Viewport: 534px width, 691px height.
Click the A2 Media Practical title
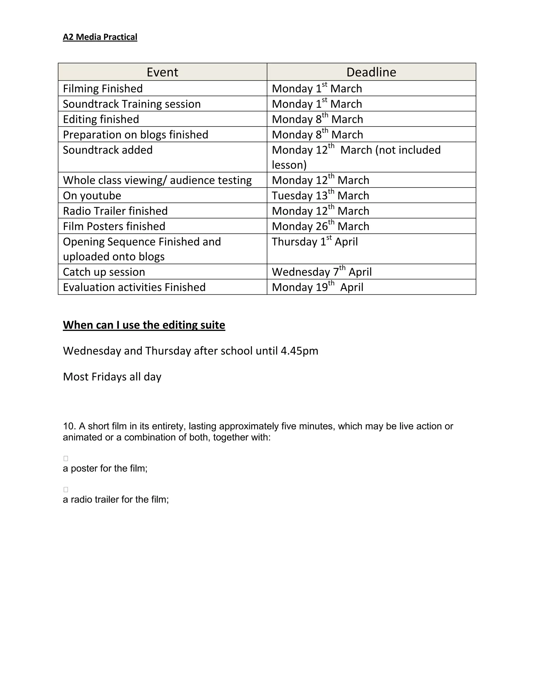[100, 37]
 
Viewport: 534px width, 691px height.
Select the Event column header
[162, 72]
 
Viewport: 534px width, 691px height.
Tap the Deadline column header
[371, 72]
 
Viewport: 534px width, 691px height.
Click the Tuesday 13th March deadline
[320, 196]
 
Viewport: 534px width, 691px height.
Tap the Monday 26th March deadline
[320, 226]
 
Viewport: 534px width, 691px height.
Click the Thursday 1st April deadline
[314, 242]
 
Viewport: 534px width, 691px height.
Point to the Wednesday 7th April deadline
[321, 272]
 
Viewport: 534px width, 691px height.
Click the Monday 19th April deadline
[317, 287]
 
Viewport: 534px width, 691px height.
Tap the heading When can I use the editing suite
[144, 325]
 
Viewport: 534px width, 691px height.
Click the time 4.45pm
[299, 351]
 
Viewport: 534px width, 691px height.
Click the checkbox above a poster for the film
[66, 458]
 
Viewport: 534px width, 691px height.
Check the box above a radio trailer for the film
[66, 489]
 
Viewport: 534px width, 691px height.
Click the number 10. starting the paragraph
[69, 426]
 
